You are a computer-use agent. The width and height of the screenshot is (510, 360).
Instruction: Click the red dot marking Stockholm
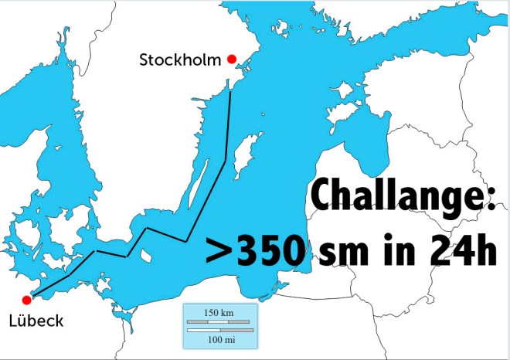click(x=231, y=59)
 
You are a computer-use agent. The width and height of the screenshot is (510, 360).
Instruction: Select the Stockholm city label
click(x=180, y=59)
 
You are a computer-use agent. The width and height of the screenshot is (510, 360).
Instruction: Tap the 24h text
click(x=459, y=253)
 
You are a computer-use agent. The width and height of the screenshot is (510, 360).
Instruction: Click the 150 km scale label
click(x=219, y=312)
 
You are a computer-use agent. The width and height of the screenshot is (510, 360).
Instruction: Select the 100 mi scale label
click(x=219, y=338)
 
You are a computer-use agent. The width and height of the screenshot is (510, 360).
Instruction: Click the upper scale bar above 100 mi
click(x=219, y=321)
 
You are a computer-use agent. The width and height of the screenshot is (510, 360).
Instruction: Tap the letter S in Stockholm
click(x=144, y=59)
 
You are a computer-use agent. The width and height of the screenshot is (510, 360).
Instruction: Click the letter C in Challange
click(x=322, y=202)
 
